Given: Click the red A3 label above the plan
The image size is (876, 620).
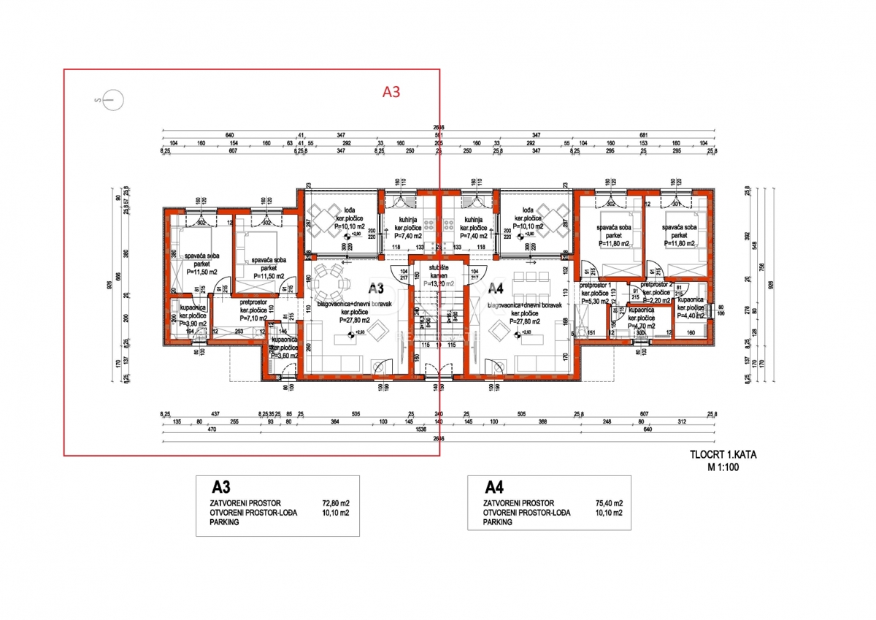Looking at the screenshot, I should (392, 92).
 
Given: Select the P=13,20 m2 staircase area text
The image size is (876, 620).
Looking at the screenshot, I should (438, 283).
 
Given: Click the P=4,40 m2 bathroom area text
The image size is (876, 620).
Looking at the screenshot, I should (690, 316).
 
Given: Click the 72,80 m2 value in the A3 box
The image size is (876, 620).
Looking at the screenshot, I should (336, 503).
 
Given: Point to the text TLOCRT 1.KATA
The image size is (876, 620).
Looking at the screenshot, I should (723, 454).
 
